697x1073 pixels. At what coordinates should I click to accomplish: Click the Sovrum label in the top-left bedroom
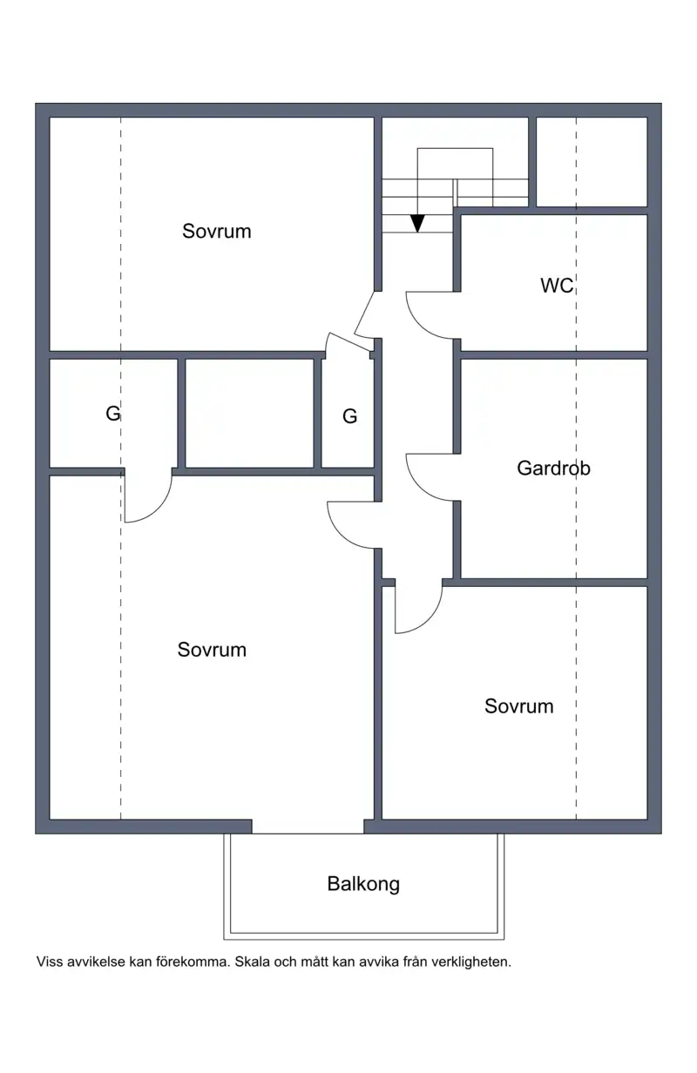click(x=217, y=232)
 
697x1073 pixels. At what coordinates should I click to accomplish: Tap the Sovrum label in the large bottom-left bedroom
click(x=212, y=650)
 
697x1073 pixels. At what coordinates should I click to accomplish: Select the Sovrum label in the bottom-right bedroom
click(x=518, y=706)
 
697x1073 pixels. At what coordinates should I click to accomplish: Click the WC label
click(x=557, y=286)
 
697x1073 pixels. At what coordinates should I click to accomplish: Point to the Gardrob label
click(x=553, y=468)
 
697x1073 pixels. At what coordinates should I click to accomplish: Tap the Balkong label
click(x=363, y=884)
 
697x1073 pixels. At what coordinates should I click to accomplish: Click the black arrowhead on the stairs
click(x=417, y=224)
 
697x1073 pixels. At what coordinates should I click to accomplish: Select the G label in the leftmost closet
click(x=113, y=414)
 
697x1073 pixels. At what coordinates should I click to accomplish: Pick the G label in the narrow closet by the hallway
click(x=349, y=416)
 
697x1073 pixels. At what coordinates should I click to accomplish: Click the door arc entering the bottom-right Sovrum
click(x=429, y=620)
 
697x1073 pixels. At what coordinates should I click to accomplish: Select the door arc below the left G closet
click(x=158, y=509)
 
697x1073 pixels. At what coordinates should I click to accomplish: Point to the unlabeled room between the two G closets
click(x=249, y=413)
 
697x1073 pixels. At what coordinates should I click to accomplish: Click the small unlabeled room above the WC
click(x=592, y=162)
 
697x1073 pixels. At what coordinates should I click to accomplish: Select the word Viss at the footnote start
click(x=50, y=962)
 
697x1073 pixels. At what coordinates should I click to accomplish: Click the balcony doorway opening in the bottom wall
click(x=308, y=827)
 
